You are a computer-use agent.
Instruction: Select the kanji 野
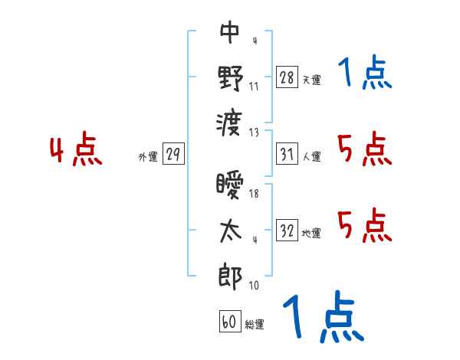pyautogui.click(x=230, y=77)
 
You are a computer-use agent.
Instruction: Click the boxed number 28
pyautogui.click(x=286, y=77)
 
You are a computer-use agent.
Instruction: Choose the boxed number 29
pyautogui.click(x=173, y=154)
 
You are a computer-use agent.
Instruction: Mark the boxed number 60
pyautogui.click(x=229, y=322)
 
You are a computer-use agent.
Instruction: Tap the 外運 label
pyautogui.click(x=147, y=157)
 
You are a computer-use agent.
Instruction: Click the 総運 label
pyautogui.click(x=255, y=325)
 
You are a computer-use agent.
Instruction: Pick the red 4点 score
pyautogui.click(x=76, y=151)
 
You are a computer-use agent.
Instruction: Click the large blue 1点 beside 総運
pyautogui.click(x=322, y=319)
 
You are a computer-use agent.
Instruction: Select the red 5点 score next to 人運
pyautogui.click(x=364, y=149)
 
